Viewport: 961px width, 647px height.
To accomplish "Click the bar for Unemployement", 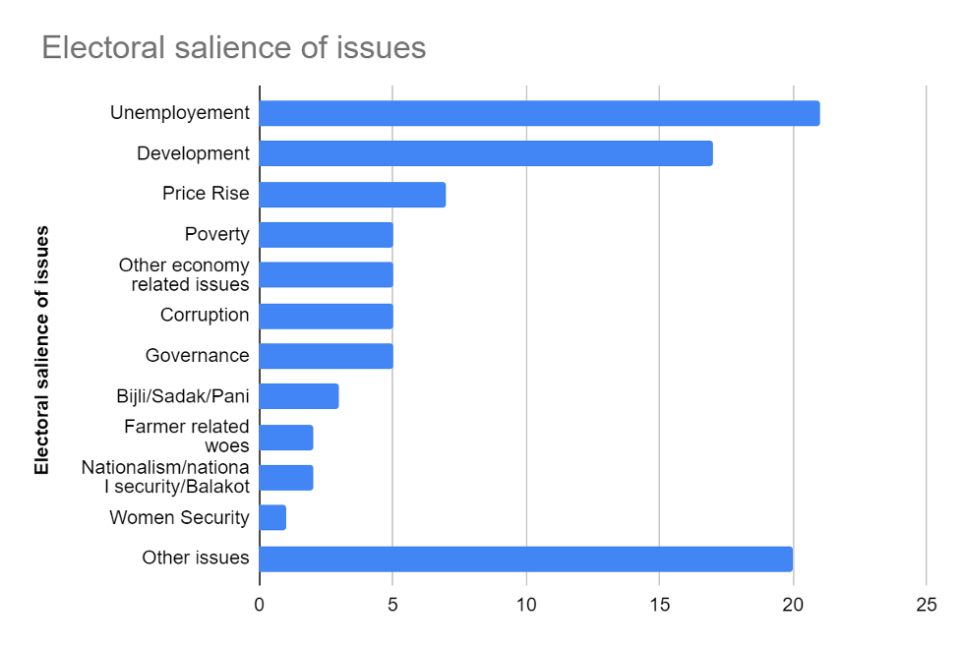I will [539, 113].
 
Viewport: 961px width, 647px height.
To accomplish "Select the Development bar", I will [486, 153].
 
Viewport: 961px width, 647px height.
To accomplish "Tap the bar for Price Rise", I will [352, 194].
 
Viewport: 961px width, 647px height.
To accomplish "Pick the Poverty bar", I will [326, 235].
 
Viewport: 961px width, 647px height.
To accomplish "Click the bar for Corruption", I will [326, 316].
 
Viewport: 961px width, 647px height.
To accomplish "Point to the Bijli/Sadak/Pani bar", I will [299, 396].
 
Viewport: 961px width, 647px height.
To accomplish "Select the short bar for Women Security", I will [272, 517].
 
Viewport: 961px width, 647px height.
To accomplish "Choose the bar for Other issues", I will [525, 559].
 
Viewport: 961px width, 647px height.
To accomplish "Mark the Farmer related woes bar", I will [286, 437].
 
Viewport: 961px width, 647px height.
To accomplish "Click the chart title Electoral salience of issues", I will [234, 47].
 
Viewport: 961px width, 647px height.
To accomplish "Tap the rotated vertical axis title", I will [41, 351].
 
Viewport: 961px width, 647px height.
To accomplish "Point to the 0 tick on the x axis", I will [260, 604].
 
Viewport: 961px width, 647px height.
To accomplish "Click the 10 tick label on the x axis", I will [526, 604].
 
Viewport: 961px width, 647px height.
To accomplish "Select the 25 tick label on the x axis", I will [926, 604].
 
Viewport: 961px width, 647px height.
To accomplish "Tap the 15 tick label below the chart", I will [659, 604].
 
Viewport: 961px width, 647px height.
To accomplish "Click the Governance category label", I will [197, 356].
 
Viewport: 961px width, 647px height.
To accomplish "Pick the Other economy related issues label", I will [184, 275].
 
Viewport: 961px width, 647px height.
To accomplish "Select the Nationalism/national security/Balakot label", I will [165, 477].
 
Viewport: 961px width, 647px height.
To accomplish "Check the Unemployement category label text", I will [180, 113].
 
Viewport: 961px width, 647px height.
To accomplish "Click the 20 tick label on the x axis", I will [793, 604].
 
